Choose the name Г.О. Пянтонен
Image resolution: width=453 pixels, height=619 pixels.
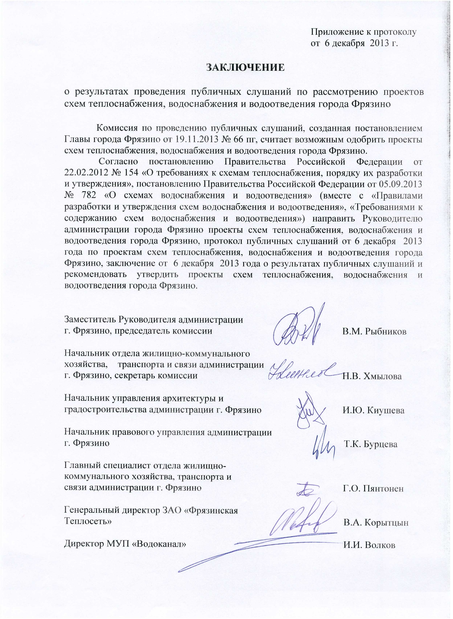click(x=373, y=488)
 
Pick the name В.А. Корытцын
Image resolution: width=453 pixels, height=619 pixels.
click(x=376, y=523)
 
